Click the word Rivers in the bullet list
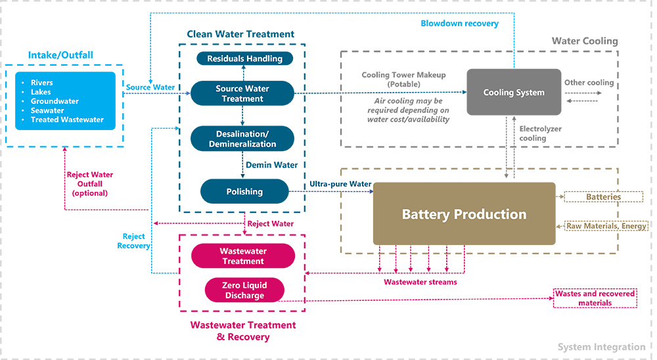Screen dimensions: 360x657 (41, 83)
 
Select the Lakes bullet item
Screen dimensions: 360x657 (40, 92)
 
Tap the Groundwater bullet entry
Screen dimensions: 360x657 (55, 101)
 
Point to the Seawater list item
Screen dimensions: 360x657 (47, 110)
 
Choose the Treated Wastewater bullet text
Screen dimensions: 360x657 (67, 120)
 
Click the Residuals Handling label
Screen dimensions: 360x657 (244, 58)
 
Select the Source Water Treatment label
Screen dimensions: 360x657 (242, 94)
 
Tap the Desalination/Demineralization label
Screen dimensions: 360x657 (246, 139)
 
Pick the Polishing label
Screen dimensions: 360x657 (244, 192)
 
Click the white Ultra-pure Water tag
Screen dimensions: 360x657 (341, 184)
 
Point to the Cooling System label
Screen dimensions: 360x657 (514, 93)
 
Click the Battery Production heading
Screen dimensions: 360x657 (464, 214)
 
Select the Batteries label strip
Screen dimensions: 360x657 (604, 197)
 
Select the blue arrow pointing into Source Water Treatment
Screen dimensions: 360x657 (158, 97)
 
